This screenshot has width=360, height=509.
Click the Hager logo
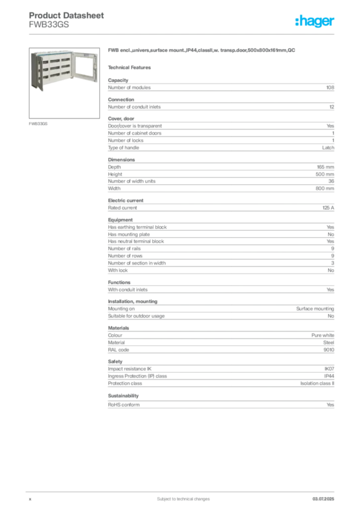314,21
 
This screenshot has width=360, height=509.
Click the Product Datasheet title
66,15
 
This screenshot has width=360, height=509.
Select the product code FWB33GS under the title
49,25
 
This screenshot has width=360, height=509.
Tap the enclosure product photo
64,83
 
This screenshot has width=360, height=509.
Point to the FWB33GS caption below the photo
38,124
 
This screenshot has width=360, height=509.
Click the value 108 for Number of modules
330,87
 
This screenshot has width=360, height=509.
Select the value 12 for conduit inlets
332,107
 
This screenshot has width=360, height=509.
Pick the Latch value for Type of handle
328,148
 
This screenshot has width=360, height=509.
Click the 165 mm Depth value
325,167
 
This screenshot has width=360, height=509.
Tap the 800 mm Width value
325,188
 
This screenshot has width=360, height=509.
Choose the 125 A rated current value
328,208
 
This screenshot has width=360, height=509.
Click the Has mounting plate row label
129,235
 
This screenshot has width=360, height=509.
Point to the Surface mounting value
315,309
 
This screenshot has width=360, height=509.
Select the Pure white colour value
323,336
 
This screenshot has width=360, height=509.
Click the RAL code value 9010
329,349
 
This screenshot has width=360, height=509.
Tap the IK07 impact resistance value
329,369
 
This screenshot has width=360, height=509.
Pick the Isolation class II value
317,383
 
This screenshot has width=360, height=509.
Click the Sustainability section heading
123,396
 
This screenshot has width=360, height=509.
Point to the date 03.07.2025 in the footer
323,499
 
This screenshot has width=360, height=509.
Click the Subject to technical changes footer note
183,499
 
